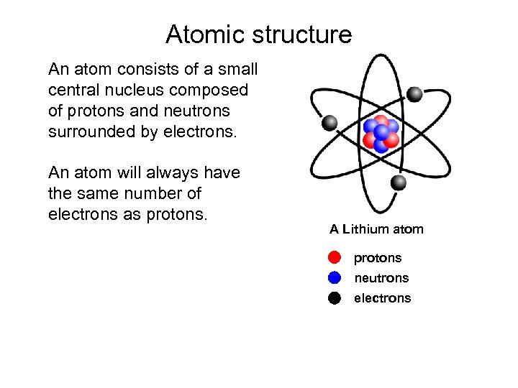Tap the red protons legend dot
(335, 258)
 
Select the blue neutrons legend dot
(335, 278)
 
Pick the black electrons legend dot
(335, 298)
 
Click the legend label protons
(378, 258)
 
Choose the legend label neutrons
(381, 278)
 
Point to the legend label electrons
(383, 298)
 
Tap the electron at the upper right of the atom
(414, 94)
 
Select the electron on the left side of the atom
(329, 123)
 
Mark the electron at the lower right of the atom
(398, 183)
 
